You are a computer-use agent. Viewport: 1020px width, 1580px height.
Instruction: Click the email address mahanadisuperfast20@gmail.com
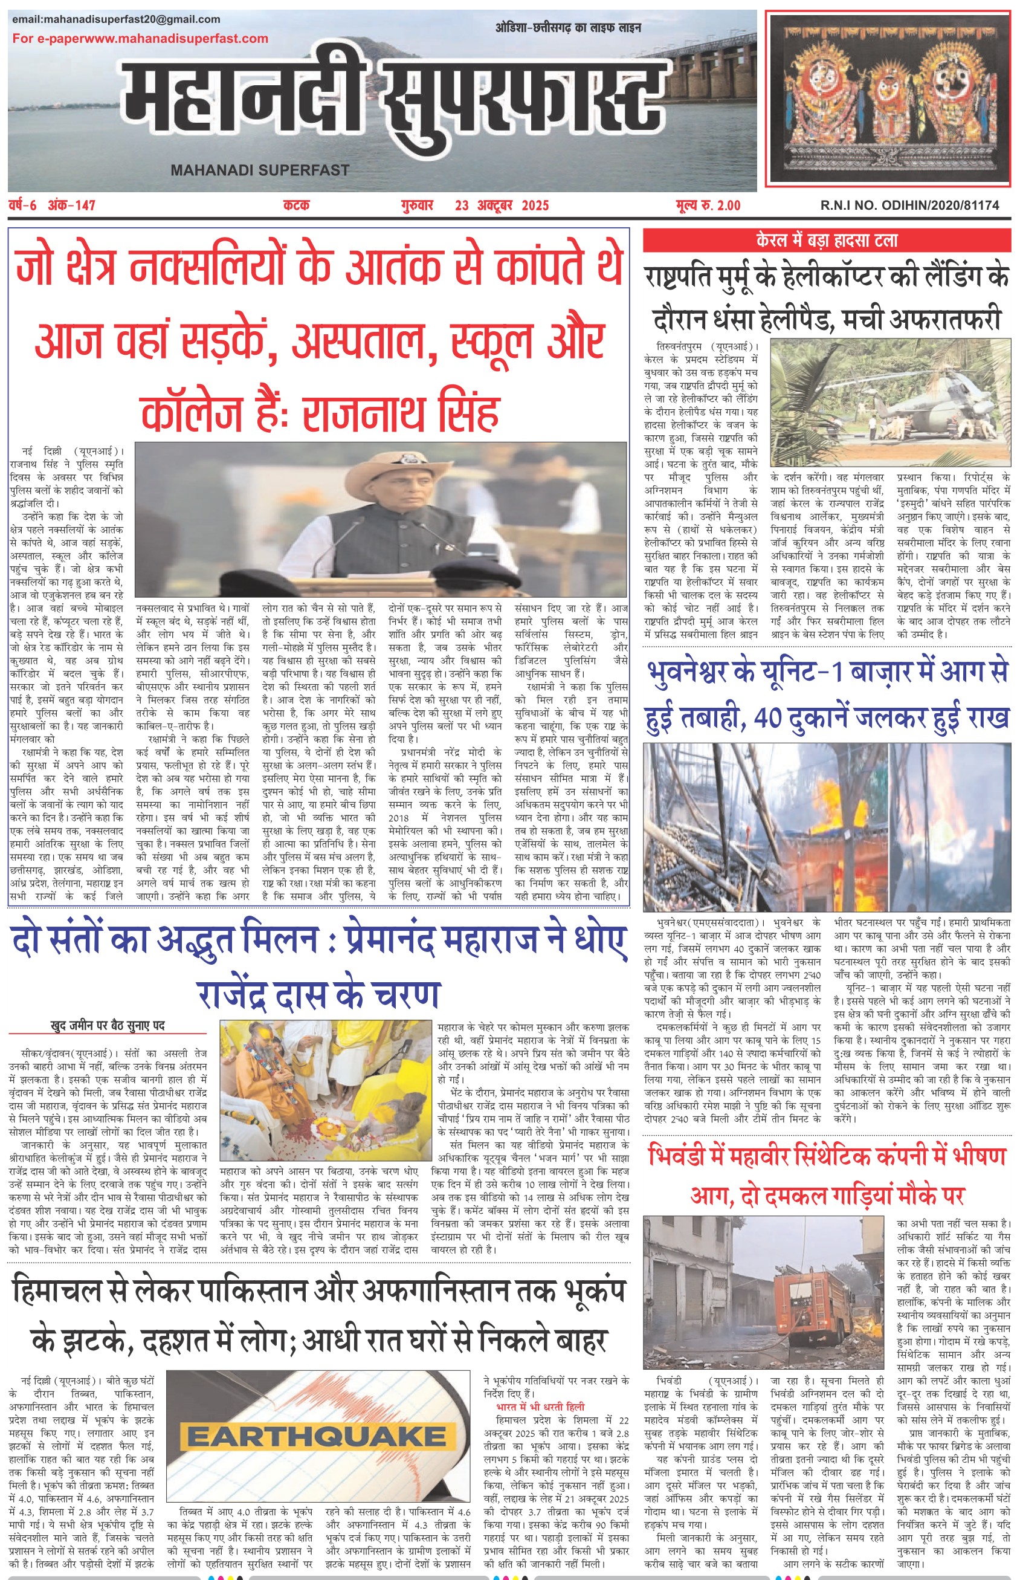coord(116,19)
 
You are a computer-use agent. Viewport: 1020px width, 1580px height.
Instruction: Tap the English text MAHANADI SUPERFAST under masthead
coord(260,170)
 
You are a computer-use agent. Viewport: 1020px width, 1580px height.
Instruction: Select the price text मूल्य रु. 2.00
coord(708,206)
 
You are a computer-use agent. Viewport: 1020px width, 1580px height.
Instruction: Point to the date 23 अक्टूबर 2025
coord(502,206)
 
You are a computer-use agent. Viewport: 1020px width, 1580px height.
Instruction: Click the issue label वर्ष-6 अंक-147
coord(53,206)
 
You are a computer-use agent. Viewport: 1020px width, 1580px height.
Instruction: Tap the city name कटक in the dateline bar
coord(296,206)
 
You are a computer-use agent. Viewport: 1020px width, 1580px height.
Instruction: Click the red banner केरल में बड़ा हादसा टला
coord(827,240)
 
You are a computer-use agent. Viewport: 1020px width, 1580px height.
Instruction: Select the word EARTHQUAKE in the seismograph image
coord(316,1437)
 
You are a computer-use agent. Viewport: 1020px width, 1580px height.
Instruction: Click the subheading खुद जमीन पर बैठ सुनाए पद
coord(108,1026)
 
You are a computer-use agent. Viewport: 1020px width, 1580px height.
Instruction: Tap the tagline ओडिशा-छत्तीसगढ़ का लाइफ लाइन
coord(567,28)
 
